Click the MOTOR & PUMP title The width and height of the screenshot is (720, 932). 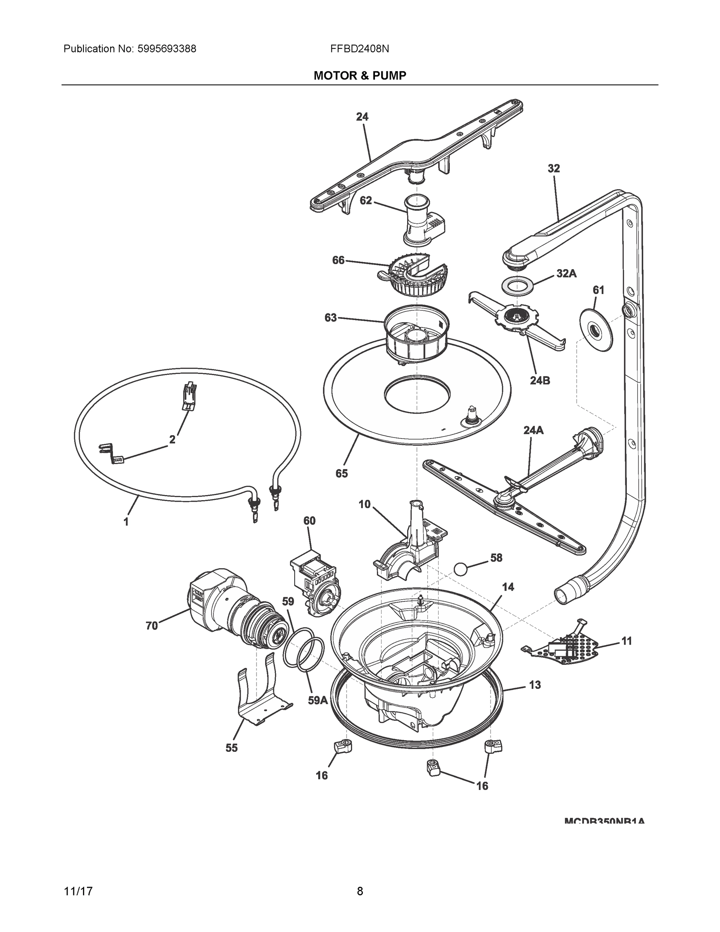(359, 76)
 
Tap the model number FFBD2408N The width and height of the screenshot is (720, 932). (359, 49)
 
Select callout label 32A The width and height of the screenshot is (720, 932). (566, 273)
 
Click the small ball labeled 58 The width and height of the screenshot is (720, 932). (461, 569)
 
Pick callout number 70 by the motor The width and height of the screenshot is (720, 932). (152, 626)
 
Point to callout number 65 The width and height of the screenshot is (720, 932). (342, 473)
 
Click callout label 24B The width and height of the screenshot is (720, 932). (540, 380)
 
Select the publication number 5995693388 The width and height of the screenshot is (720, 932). (167, 49)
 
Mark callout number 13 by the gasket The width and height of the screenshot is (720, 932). (534, 685)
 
